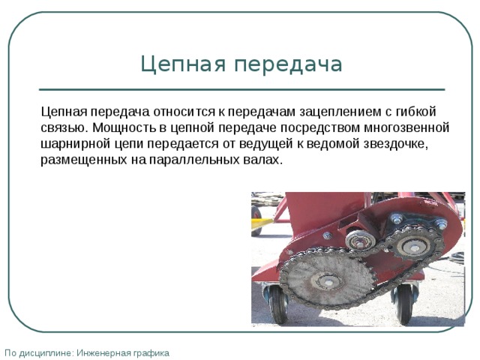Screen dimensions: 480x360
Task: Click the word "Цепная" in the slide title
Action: [183, 64]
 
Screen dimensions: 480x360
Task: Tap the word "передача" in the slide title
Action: [288, 64]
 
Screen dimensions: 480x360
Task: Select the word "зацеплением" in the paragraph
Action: [340, 112]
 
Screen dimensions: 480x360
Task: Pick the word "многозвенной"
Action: [406, 127]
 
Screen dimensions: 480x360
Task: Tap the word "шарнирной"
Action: [75, 144]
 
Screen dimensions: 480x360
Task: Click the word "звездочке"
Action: [396, 144]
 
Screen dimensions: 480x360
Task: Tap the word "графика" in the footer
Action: [151, 353]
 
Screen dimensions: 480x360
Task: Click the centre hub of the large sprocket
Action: [328, 280]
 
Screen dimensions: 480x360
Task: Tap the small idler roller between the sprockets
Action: [361, 240]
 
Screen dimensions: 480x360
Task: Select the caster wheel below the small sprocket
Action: [403, 304]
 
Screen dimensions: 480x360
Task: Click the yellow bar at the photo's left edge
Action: [261, 223]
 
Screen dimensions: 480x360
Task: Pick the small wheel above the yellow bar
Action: [256, 212]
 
